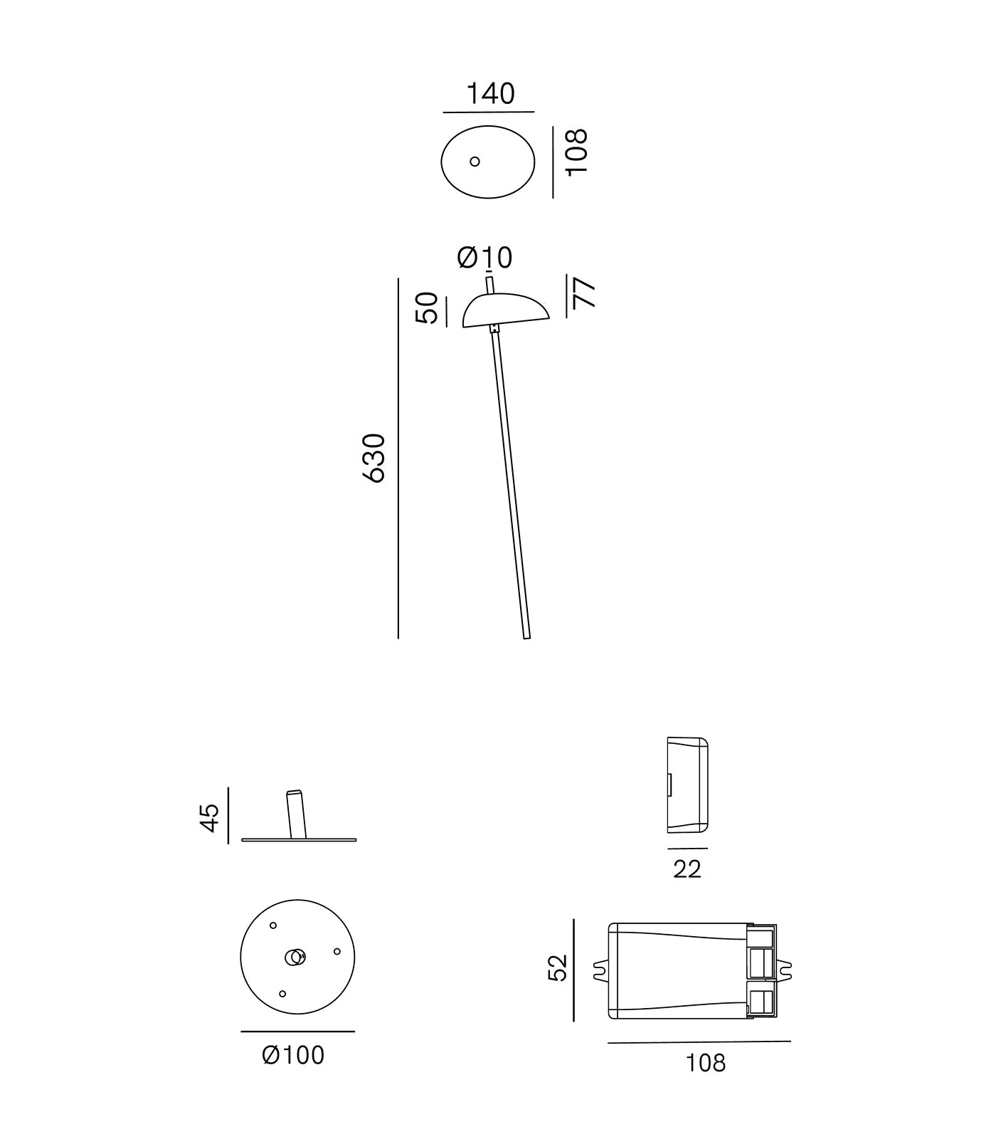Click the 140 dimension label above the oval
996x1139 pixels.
coord(490,94)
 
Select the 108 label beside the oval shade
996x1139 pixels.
coord(576,152)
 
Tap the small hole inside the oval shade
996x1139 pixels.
coord(475,162)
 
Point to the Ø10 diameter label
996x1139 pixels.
coord(484,257)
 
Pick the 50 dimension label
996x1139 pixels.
coord(427,308)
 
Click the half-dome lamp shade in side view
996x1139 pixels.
coord(505,310)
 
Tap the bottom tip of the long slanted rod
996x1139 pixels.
coord(527,639)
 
